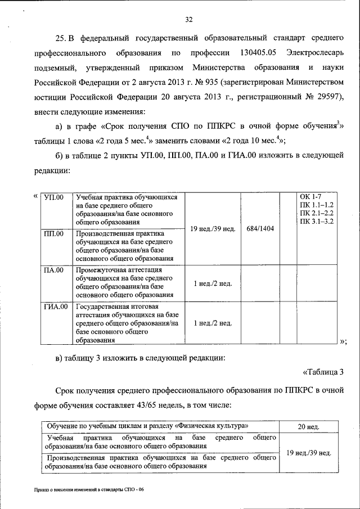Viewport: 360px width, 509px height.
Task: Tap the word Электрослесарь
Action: coord(314,53)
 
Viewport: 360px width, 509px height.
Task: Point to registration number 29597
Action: coord(328,96)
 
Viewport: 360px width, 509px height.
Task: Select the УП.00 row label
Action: coord(54,197)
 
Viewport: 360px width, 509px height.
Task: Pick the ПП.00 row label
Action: coord(54,234)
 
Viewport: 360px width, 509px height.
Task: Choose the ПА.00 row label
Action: coord(54,271)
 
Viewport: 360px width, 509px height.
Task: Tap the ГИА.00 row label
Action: coord(56,307)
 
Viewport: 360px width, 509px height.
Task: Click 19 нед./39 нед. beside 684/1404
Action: coord(213,229)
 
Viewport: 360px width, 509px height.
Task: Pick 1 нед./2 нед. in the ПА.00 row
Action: coord(213,283)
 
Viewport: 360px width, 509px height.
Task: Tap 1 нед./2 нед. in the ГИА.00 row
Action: coord(213,323)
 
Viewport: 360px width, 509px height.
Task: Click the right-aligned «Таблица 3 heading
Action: coord(323,371)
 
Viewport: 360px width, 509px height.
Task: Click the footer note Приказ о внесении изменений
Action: coord(88,490)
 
